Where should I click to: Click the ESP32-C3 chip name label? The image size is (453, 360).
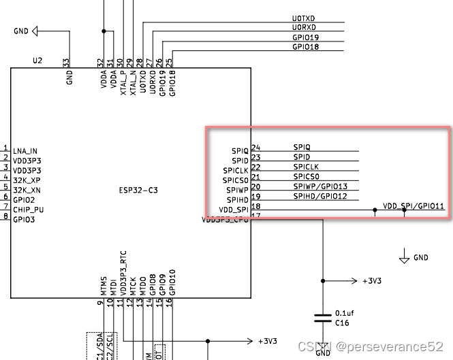(x=138, y=190)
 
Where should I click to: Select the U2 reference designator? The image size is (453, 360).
(x=37, y=61)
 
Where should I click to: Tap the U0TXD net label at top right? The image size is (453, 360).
(x=305, y=18)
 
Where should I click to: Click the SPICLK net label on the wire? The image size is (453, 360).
(x=306, y=167)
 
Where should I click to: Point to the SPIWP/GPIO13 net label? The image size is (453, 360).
(x=320, y=186)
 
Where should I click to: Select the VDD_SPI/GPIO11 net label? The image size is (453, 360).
(x=413, y=206)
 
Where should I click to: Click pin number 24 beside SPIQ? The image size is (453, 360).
(x=255, y=147)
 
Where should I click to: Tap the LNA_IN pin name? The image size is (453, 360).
(x=25, y=151)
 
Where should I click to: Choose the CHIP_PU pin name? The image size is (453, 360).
(x=28, y=210)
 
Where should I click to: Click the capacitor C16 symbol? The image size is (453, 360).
(x=322, y=317)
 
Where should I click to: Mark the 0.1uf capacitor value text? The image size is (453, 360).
(x=343, y=312)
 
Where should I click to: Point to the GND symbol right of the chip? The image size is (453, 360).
(x=405, y=257)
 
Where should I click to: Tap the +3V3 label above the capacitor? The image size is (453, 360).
(x=372, y=280)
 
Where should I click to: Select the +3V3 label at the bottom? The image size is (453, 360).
(x=268, y=341)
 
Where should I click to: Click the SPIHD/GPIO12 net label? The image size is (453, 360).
(x=320, y=197)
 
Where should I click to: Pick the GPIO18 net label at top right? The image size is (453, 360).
(x=306, y=47)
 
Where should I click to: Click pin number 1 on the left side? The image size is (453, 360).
(x=5, y=149)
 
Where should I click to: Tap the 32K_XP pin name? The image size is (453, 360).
(x=26, y=180)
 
